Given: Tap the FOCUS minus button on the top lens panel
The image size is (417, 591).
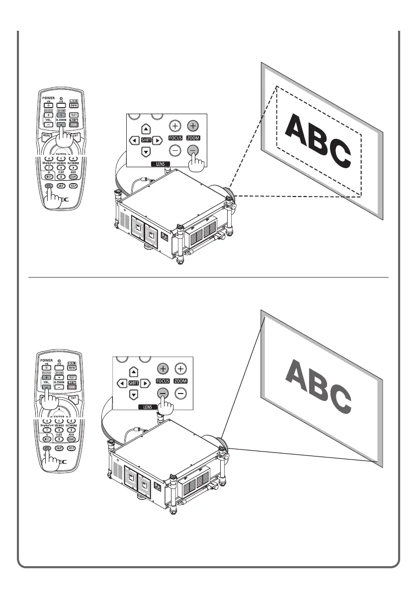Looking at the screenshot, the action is click(x=174, y=151).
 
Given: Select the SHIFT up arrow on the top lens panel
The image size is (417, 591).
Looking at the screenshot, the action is click(x=146, y=129).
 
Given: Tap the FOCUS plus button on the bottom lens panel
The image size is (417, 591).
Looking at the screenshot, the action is click(x=163, y=369).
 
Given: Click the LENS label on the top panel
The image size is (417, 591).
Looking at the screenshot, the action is click(x=161, y=163).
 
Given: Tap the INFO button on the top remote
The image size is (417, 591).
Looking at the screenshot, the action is click(x=73, y=105).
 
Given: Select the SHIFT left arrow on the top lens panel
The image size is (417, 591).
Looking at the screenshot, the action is click(x=134, y=140).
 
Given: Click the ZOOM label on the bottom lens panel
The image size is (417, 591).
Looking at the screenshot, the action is click(x=180, y=381).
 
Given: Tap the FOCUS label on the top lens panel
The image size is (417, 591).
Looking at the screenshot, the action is click(x=174, y=138).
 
